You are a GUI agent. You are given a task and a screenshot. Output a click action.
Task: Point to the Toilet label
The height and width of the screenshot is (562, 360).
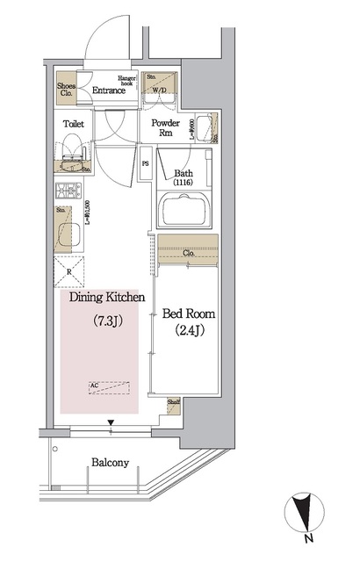(x=74, y=125)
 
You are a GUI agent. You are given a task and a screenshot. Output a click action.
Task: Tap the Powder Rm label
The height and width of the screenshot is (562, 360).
(x=166, y=128)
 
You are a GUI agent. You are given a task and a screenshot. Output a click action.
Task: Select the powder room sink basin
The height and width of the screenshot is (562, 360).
(x=204, y=127)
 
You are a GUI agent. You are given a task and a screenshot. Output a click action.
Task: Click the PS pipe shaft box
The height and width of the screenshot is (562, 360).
(x=147, y=164)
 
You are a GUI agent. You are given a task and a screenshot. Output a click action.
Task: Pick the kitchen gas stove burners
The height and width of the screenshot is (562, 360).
(x=68, y=191)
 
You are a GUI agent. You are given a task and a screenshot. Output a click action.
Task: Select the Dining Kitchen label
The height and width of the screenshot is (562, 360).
(x=99, y=298)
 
